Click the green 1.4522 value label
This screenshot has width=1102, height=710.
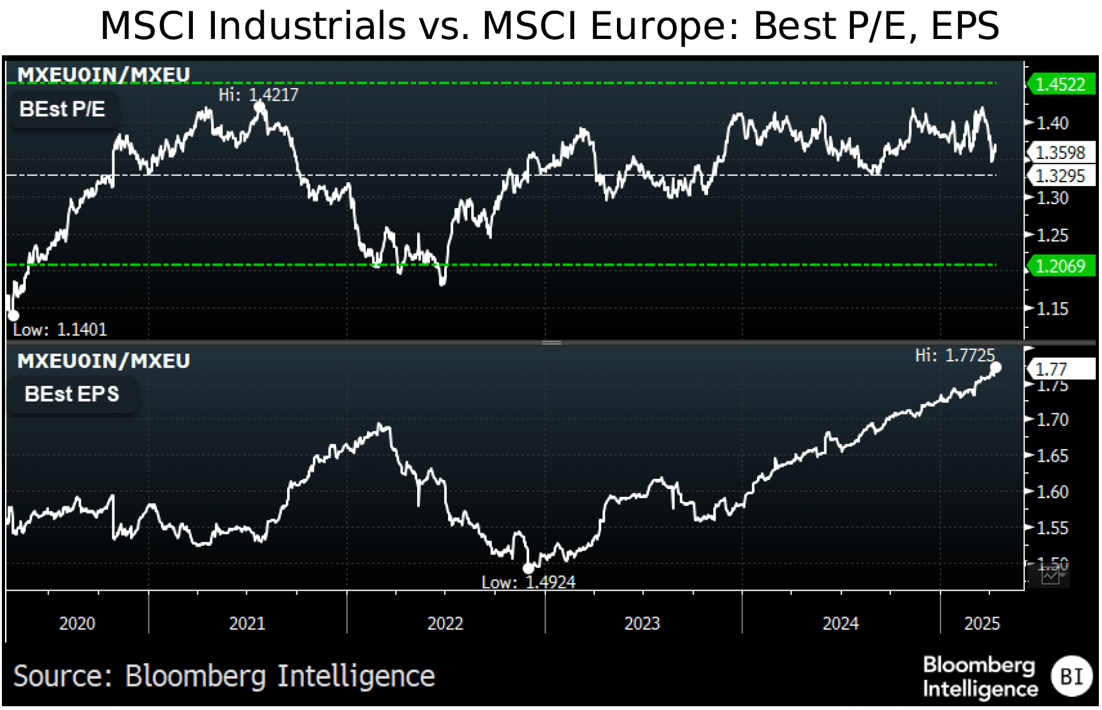[1061, 84]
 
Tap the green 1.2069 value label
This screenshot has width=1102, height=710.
[1061, 266]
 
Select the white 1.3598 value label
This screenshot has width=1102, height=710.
[1061, 153]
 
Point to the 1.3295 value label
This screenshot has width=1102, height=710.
[1061, 176]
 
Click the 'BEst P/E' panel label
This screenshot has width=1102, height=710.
[62, 109]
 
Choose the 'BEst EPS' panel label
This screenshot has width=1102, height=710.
[72, 394]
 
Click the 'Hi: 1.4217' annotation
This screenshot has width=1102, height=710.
[258, 95]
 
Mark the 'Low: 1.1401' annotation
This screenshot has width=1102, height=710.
[60, 329]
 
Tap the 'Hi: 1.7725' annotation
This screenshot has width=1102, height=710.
[954, 356]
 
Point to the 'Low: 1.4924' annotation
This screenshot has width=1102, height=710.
[528, 582]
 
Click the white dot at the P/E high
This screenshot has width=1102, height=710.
[259, 107]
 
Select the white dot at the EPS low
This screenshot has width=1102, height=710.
[528, 569]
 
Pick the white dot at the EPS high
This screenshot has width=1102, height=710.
[995, 368]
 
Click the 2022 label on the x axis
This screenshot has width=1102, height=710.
[445, 623]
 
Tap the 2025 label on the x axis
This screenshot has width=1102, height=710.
[981, 623]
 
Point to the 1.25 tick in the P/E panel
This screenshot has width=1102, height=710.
[1052, 236]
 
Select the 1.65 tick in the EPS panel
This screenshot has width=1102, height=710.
[1052, 456]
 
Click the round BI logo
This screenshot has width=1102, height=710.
[1071, 676]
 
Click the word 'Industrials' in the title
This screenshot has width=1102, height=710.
[307, 26]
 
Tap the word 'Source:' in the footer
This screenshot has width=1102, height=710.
[62, 676]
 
